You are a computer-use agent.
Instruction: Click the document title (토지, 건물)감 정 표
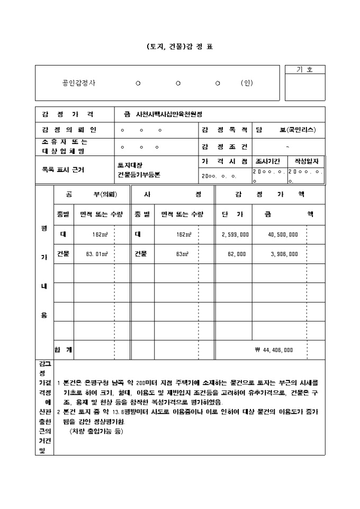tap(180, 47)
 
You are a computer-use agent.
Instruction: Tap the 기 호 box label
tap(305, 69)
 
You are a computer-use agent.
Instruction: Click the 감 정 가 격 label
tap(68, 114)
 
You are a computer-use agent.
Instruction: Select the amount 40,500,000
tap(283, 234)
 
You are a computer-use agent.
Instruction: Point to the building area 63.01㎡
tap(97, 254)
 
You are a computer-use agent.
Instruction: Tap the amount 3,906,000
tap(284, 254)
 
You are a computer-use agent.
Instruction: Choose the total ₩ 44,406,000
tap(274, 350)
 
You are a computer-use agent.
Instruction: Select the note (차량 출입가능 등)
tap(96, 432)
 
